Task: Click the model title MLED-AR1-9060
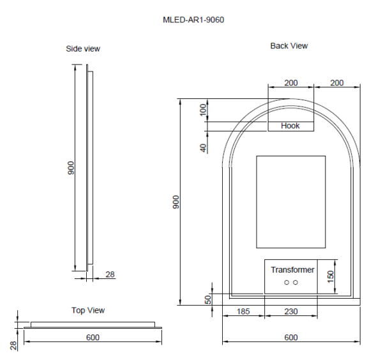[x=193, y=20]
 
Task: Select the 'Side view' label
[x=83, y=49]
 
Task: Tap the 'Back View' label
[x=289, y=46]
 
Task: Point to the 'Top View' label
[x=87, y=310]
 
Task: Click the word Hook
[x=290, y=126]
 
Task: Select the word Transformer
[x=292, y=270]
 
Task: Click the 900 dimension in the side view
[x=71, y=168]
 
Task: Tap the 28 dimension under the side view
[x=110, y=274]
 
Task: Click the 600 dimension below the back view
[x=290, y=337]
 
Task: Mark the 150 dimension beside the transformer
[x=330, y=276]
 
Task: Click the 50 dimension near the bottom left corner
[x=208, y=299]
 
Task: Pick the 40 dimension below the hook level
[x=203, y=147]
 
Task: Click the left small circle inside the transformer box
[x=287, y=282]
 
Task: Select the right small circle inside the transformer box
[x=296, y=282]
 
